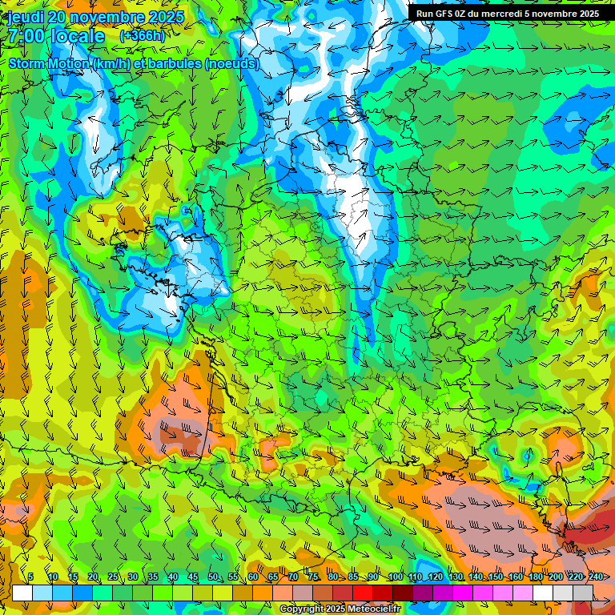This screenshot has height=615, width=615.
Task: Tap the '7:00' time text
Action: [27, 36]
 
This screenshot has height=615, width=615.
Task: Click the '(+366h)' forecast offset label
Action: [142, 36]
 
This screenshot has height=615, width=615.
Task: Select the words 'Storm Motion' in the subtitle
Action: [49, 63]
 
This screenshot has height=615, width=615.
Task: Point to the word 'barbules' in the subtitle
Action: [181, 63]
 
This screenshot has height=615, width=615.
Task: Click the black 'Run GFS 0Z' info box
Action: [508, 14]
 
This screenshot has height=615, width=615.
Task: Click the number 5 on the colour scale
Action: [30, 577]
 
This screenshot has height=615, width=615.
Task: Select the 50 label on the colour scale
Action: [212, 577]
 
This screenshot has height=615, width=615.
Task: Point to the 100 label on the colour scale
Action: [396, 577]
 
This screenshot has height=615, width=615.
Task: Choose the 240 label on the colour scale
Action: [595, 577]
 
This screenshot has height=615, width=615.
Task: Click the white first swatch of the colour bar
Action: [22, 593]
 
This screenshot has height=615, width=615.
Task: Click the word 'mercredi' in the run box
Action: [492, 14]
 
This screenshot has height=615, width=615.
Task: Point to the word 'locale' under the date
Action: [75, 36]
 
